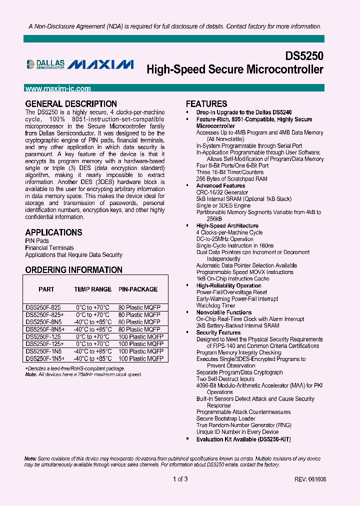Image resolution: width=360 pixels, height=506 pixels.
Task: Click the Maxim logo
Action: pos(100,64)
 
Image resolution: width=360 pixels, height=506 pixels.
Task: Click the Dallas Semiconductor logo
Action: pos(45,63)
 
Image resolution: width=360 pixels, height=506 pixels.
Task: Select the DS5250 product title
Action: pos(304,55)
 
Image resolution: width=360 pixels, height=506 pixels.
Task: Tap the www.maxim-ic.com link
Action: pos(58,89)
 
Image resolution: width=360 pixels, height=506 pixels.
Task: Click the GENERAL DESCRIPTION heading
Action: pos(71,104)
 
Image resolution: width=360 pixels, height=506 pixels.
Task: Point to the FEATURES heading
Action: pos(206,104)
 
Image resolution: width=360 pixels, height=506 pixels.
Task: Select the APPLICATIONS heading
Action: pos(53,232)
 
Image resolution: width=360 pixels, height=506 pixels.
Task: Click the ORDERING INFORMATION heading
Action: pos(73,270)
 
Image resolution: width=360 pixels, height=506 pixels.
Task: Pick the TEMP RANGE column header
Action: pos(92,289)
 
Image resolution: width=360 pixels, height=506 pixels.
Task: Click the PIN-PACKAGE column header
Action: pos(138,289)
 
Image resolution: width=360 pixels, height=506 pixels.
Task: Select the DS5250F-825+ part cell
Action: pos(44,315)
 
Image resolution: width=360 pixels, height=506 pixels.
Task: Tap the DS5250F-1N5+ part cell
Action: pos(44,358)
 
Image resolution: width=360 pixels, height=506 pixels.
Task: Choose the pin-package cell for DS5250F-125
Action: pos(140,337)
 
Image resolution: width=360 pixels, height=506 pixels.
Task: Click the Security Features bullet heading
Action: pos(218,332)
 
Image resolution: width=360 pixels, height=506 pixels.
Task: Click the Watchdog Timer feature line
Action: pos(215,305)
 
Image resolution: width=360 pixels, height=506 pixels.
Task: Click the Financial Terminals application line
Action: pos(49,248)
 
